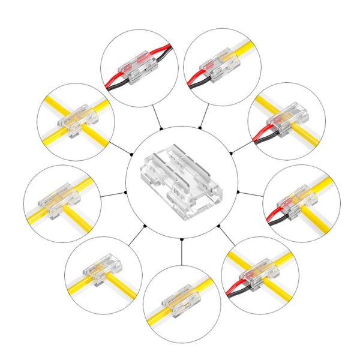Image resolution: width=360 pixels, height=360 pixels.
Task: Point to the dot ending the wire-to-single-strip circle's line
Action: (201, 128)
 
